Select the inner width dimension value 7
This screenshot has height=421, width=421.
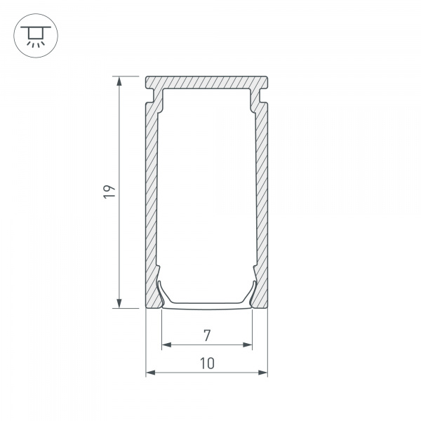(x=207, y=335)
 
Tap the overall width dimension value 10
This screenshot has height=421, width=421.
(x=207, y=363)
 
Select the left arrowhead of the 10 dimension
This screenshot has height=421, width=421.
(x=151, y=373)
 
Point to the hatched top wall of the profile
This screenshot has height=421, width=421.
(x=207, y=81)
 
